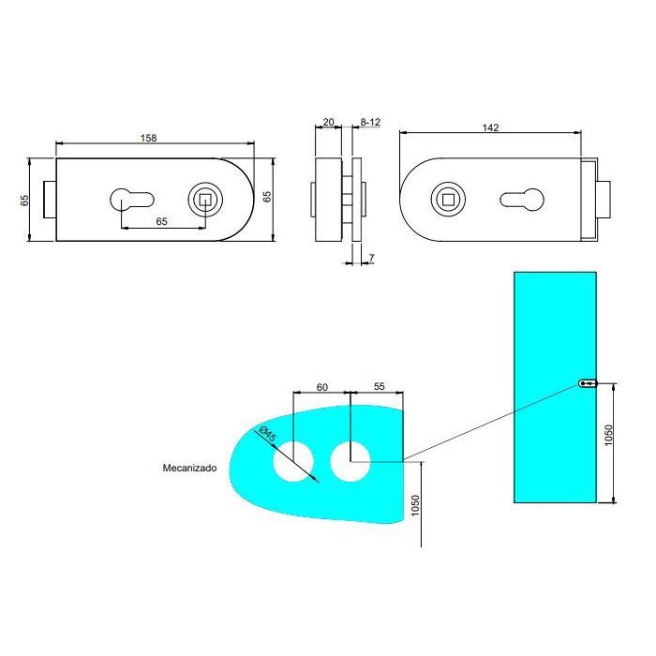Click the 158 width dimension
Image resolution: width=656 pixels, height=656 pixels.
click(148, 138)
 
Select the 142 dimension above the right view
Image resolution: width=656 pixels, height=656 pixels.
click(489, 127)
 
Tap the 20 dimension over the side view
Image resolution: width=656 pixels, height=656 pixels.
click(328, 123)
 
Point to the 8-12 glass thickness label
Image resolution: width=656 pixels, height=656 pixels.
click(370, 123)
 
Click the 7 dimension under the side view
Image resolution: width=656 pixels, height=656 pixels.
click(371, 257)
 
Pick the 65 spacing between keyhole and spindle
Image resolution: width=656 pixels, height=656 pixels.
click(161, 221)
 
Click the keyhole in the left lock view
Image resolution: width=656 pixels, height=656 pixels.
click(131, 199)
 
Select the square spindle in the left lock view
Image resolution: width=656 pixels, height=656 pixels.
click(202, 199)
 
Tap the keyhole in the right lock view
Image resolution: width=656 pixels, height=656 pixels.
click(521, 199)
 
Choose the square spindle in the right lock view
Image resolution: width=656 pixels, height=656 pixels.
click(446, 199)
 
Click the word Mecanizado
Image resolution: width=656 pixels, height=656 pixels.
click(188, 467)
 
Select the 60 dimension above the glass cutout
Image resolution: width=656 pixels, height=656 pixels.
click(321, 386)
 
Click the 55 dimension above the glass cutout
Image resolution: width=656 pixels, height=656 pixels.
click(380, 386)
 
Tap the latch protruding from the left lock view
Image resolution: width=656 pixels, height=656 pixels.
click(50, 199)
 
